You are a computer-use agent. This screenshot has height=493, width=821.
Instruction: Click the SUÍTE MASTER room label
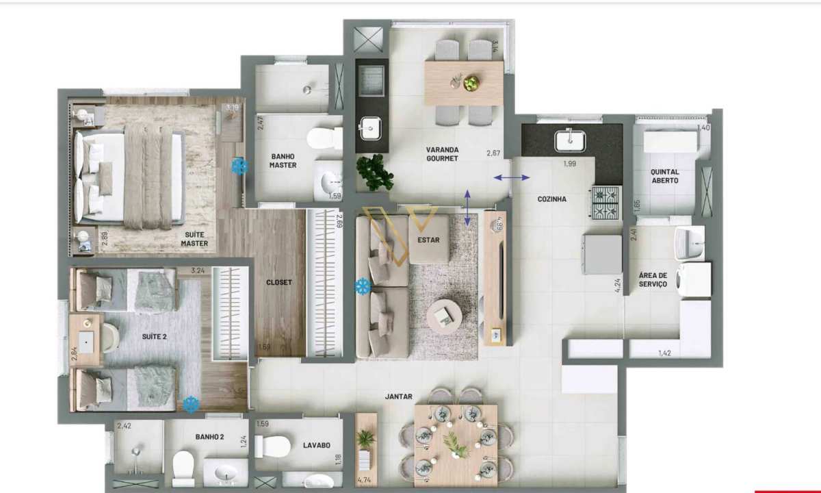pyautogui.click(x=195, y=239)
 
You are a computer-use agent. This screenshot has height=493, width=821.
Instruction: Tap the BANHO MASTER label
pyautogui.click(x=283, y=160)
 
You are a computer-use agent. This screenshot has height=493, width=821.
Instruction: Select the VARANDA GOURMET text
pyautogui.click(x=442, y=154)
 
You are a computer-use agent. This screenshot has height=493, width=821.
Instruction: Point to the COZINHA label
pyautogui.click(x=551, y=199)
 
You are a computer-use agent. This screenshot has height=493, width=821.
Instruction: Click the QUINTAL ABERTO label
pyautogui.click(x=665, y=176)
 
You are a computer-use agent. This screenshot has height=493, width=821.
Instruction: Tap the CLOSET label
pyautogui.click(x=279, y=282)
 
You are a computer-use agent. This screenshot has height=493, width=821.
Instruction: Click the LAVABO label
pyautogui.click(x=317, y=445)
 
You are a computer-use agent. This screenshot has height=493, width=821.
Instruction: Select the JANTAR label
pyautogui.click(x=398, y=396)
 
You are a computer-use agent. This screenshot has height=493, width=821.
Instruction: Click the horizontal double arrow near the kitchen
pyautogui.click(x=511, y=178)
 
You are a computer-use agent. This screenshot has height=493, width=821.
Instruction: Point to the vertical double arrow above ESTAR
pyautogui.click(x=468, y=207)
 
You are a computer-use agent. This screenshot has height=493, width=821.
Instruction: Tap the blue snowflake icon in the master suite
pyautogui.click(x=239, y=165)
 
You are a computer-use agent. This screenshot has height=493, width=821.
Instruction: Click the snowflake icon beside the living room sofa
pyautogui.click(x=362, y=286)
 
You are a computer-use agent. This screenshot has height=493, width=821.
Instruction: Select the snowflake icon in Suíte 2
pyautogui.click(x=190, y=405)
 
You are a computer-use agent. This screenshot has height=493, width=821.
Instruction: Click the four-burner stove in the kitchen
pyautogui.click(x=605, y=202)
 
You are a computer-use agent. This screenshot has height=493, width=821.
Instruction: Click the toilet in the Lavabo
pyautogui.click(x=272, y=446)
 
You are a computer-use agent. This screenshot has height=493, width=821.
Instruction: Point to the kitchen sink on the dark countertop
pyautogui.click(x=570, y=141)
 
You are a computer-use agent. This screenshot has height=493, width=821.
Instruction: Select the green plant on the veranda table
pyautogui.click(x=471, y=84)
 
